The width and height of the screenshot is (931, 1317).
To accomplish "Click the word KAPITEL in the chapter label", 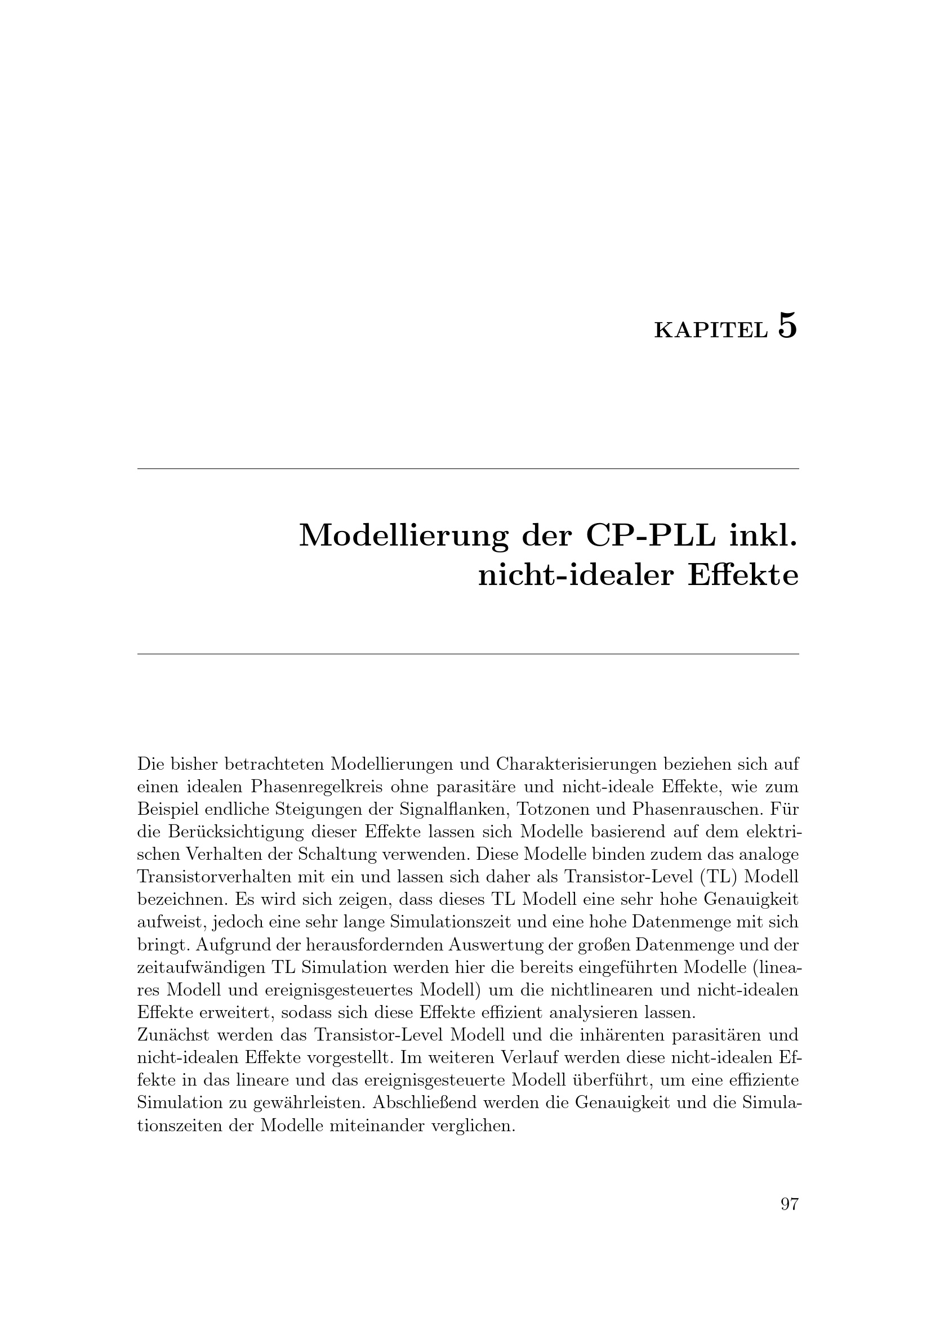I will tap(711, 331).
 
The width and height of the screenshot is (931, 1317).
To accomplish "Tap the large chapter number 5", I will tap(787, 326).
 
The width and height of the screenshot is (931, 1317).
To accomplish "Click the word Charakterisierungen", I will tap(579, 764).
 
